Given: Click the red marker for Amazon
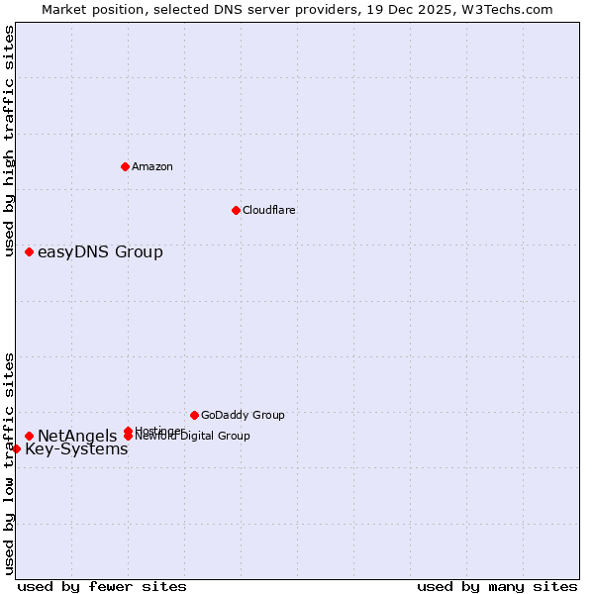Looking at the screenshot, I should pos(125,166).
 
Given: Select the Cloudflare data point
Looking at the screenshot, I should pos(236,210).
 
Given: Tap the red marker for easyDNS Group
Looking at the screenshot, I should pos(30,251).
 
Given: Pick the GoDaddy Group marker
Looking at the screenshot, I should pos(194,415).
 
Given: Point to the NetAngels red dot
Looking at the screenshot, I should pos(30,436).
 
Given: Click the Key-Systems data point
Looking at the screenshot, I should pos(16,448).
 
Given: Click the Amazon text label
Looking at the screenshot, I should pos(152,166).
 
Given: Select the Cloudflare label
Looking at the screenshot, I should pos(269,210).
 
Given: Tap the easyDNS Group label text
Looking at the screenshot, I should pos(100,251).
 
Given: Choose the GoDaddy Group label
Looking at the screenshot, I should pos(243,415).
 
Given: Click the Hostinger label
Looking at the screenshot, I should pos(158,431).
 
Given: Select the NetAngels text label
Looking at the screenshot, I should pos(77,436).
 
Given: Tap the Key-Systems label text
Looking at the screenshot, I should pos(76,449).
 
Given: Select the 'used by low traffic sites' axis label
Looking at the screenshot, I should pos(10,463).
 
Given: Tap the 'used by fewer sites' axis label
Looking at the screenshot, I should pos(102,586).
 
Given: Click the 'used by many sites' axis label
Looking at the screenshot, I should pos(497,586).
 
